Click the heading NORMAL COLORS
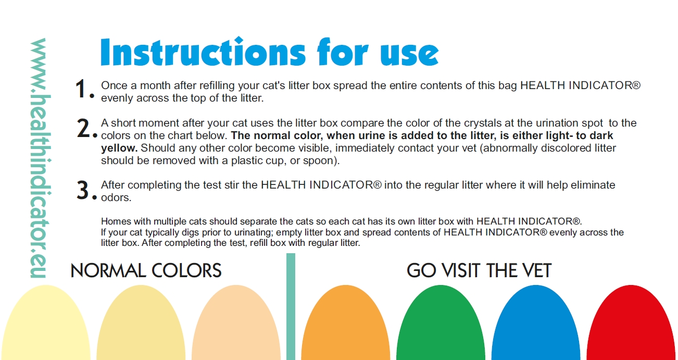pyautogui.click(x=146, y=270)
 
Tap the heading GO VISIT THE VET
pyautogui.click(x=479, y=270)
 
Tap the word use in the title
pyautogui.click(x=409, y=54)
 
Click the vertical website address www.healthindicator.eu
pyautogui.click(x=41, y=158)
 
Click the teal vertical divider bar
pyautogui.click(x=291, y=306)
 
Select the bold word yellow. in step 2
pyautogui.click(x=119, y=148)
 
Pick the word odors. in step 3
pyautogui.click(x=116, y=197)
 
